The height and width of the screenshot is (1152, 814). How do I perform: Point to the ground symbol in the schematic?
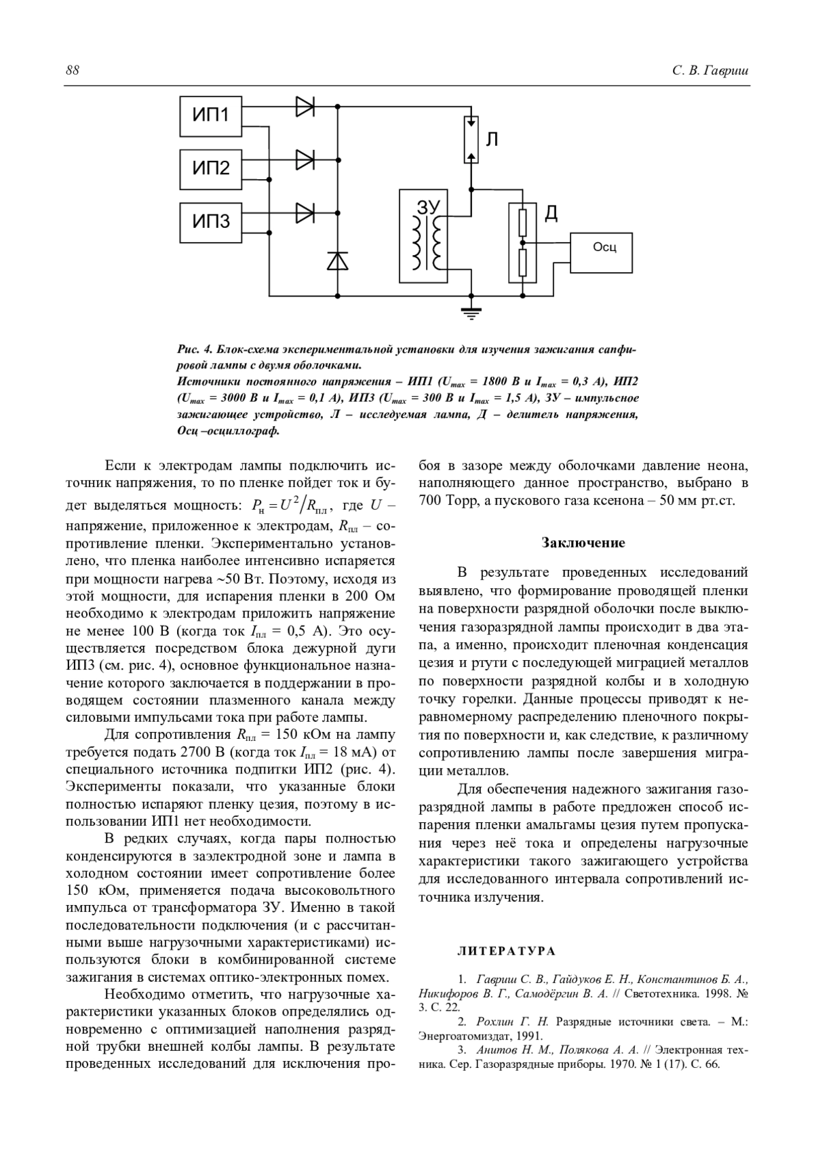tap(471, 312)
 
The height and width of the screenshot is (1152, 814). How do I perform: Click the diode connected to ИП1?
tap(305, 107)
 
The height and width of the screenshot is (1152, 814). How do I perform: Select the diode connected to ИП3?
tap(305, 212)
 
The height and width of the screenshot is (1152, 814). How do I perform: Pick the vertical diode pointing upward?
tap(337, 261)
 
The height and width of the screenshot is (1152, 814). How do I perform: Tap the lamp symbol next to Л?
tap(471, 140)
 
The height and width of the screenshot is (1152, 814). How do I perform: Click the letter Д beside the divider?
tap(551, 214)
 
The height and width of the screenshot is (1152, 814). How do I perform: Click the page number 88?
tap(73, 71)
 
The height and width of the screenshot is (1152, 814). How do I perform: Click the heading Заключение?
tap(583, 543)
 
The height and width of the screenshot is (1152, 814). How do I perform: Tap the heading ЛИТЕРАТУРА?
tap(506, 951)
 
